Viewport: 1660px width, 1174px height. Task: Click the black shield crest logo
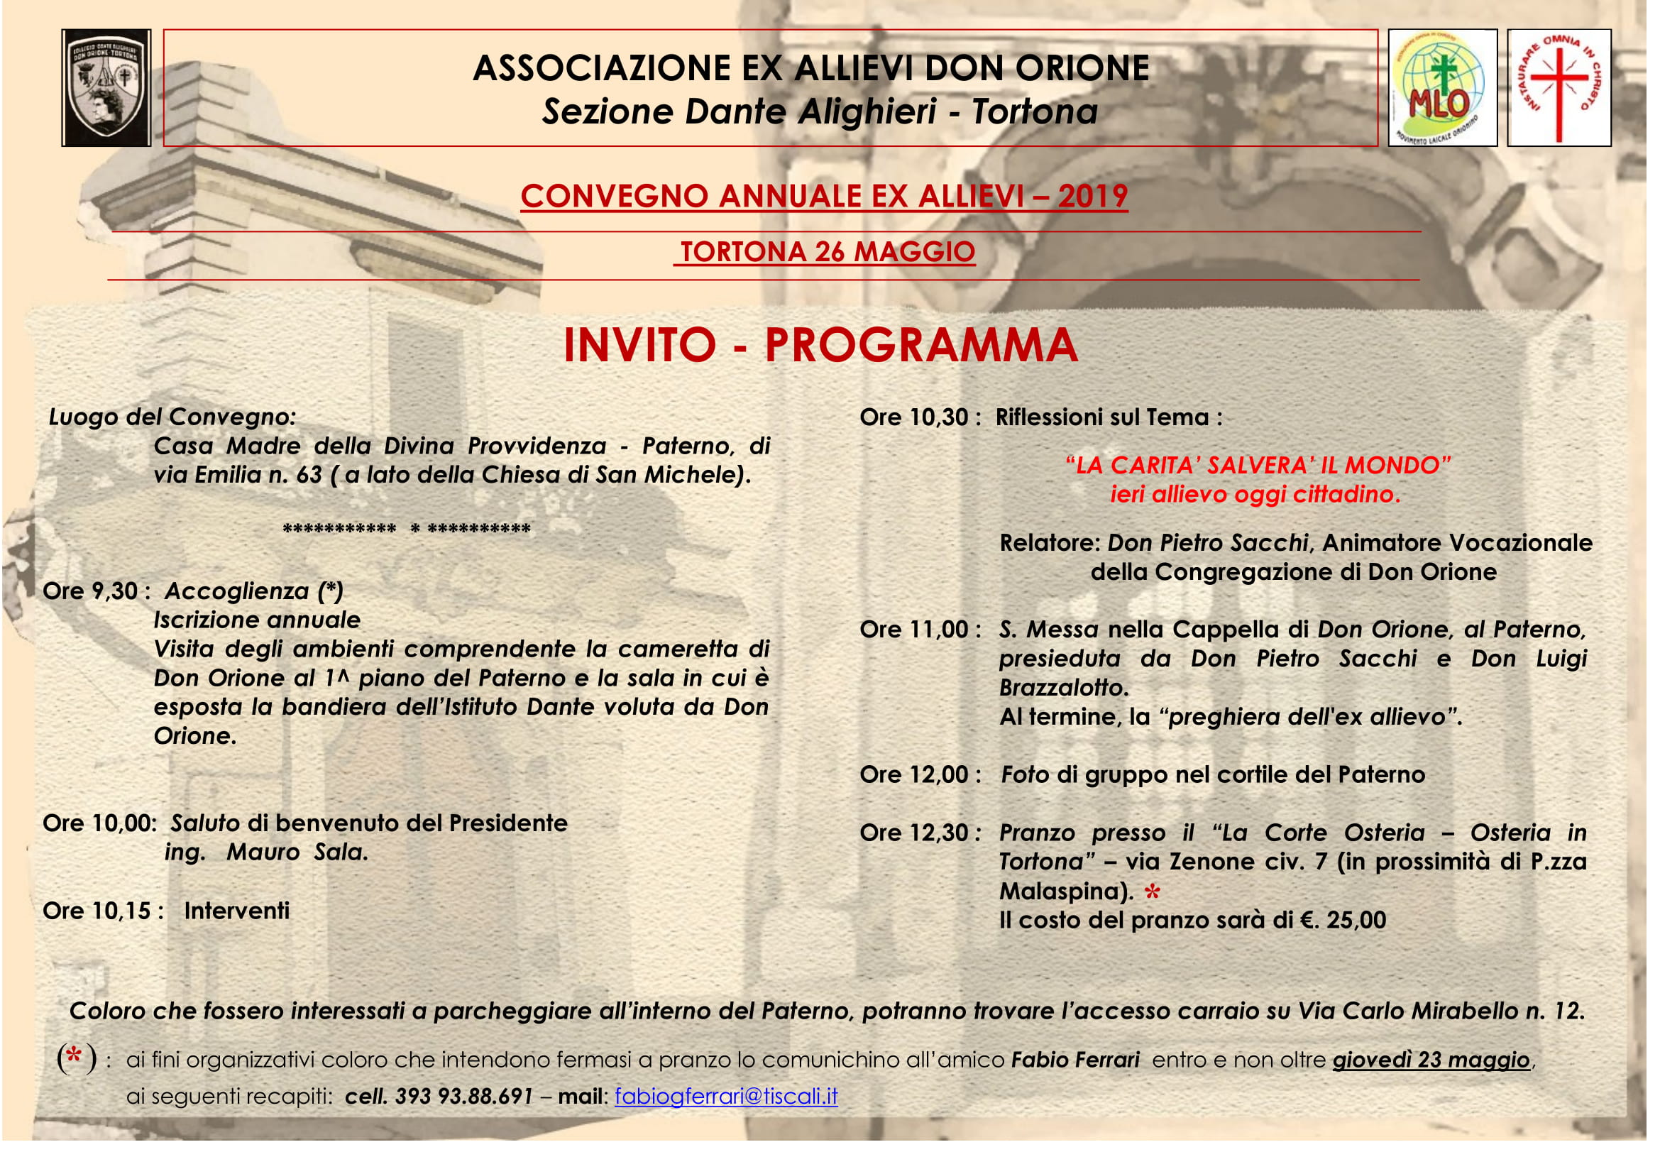coord(106,87)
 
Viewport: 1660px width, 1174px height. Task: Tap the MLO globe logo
coord(1441,87)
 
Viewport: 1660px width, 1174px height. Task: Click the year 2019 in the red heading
coord(1092,196)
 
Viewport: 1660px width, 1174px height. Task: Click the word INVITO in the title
coord(639,345)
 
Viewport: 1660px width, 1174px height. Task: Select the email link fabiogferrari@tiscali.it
coord(726,1097)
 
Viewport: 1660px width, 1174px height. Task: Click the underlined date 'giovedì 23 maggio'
coord(1431,1060)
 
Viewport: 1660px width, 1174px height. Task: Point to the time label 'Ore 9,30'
coord(90,591)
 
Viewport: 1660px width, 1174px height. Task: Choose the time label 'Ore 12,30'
coord(914,833)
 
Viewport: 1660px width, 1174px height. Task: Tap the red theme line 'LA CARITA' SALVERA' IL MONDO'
coord(1258,465)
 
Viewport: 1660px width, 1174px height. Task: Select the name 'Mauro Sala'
coord(297,852)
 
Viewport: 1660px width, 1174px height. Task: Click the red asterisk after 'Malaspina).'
coord(1152,893)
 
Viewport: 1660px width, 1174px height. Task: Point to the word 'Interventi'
coord(236,911)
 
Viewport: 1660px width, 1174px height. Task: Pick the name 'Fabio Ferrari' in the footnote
coord(1075,1060)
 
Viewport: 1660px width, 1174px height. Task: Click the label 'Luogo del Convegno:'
coord(172,417)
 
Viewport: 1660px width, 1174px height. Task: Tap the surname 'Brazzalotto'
coord(1062,688)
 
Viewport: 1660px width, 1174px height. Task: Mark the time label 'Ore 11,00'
coord(914,630)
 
